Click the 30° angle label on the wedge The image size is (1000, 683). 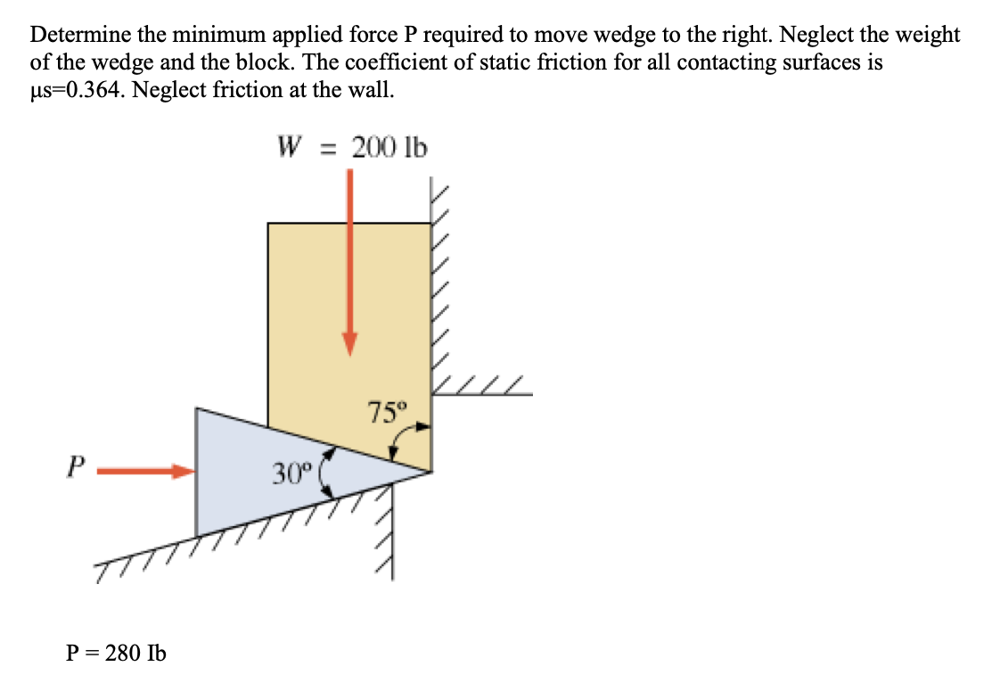point(290,473)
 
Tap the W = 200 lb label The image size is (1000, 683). point(352,146)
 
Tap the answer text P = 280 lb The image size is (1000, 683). point(116,653)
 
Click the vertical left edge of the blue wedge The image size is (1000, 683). point(197,473)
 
